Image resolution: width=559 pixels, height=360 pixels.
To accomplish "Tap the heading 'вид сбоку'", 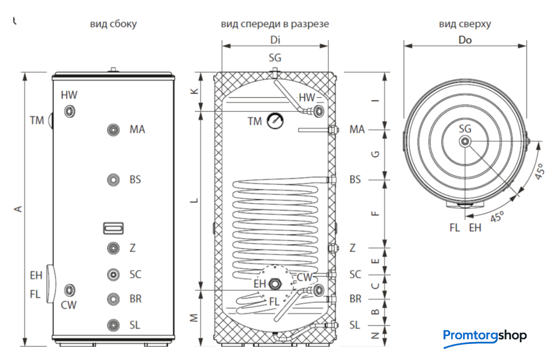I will (x=114, y=25).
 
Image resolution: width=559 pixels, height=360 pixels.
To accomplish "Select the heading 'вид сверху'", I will (x=465, y=25).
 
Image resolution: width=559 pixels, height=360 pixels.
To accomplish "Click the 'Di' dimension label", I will (x=275, y=39).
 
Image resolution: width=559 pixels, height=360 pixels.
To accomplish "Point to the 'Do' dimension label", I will (x=465, y=39).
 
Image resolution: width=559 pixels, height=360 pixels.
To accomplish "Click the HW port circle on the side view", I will (x=70, y=112).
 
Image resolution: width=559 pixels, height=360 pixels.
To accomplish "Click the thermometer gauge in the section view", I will (x=274, y=121).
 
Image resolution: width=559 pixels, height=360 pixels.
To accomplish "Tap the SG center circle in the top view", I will (x=465, y=141).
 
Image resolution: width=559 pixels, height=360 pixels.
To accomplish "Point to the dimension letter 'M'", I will (x=194, y=317).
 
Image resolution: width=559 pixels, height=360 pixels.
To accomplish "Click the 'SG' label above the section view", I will (x=275, y=58).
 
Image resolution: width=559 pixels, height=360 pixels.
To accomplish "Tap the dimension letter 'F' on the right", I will (x=375, y=213).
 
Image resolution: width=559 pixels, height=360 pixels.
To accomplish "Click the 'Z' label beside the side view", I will (x=133, y=248).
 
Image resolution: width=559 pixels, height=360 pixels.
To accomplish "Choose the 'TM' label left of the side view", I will (x=37, y=120).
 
